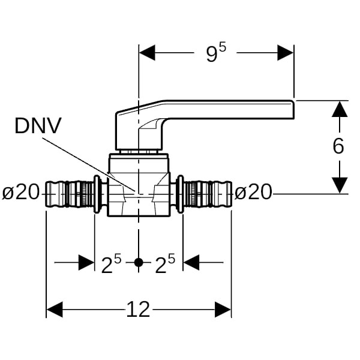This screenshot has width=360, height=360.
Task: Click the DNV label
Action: [x=38, y=127]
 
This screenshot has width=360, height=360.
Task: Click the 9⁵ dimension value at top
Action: [x=216, y=53]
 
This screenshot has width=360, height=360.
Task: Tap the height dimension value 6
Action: [x=339, y=146]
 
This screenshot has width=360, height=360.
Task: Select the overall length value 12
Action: [x=138, y=310]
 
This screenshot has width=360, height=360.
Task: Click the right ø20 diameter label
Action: [x=253, y=193]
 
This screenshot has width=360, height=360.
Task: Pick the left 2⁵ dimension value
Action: [x=111, y=264]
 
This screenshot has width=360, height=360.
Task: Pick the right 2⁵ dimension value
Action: [x=165, y=264]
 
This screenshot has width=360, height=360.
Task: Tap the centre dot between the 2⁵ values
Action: [x=139, y=263]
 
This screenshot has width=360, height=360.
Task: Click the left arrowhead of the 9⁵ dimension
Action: [x=148, y=52]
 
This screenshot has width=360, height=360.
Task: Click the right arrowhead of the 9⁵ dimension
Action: [x=286, y=52]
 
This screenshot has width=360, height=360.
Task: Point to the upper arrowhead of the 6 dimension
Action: [x=340, y=109]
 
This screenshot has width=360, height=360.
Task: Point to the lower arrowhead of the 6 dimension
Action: [x=340, y=185]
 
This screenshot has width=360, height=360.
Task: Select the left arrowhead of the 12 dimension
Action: [x=55, y=310]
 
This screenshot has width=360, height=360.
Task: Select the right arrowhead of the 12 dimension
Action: [x=223, y=310]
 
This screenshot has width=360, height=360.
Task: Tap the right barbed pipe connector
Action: [x=207, y=193]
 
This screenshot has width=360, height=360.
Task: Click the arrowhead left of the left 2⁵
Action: [x=86, y=263]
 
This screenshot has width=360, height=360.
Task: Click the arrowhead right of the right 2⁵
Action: [x=191, y=263]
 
